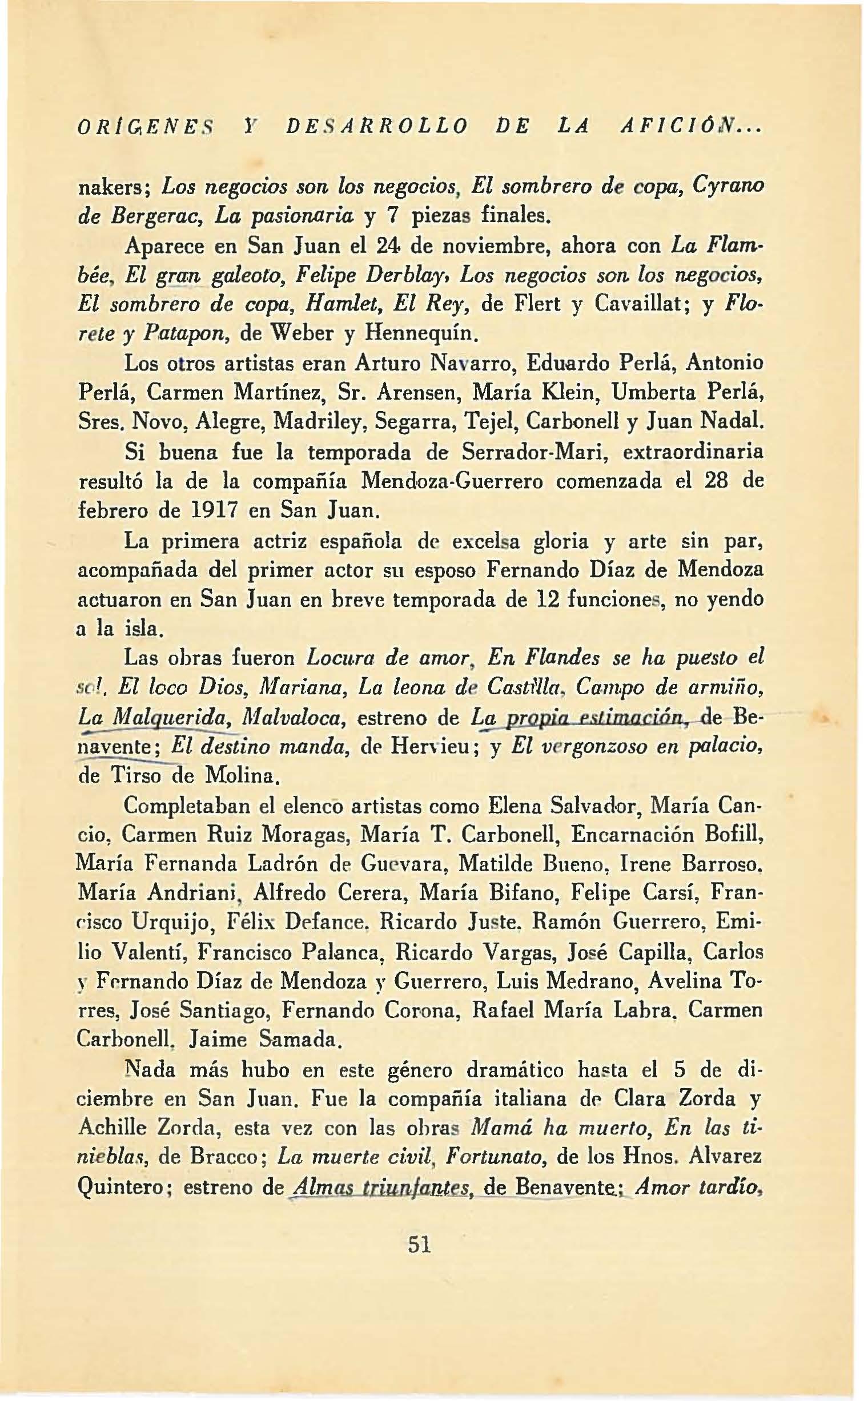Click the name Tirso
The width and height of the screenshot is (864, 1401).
click(135, 775)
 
